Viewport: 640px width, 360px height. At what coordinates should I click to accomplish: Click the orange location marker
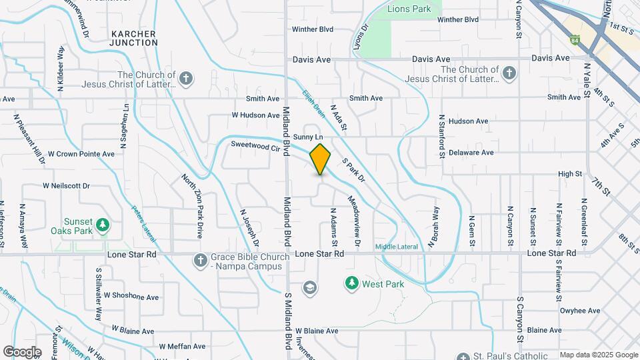tap(321, 158)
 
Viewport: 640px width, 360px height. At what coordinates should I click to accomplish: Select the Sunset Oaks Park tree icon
tap(102, 225)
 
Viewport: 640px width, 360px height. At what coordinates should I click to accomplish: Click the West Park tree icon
tap(351, 283)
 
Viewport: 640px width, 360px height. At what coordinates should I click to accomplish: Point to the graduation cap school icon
tap(309, 287)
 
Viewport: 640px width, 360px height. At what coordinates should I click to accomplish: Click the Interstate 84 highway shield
tap(575, 41)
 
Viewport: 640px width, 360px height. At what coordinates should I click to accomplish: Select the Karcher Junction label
tap(133, 38)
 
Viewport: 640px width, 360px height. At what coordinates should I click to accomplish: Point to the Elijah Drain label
tap(312, 104)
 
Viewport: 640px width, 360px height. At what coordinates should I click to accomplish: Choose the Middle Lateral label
tap(396, 247)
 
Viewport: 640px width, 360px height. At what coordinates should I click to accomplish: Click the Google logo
tap(22, 351)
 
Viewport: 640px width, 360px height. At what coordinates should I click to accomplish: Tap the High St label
tap(570, 174)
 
